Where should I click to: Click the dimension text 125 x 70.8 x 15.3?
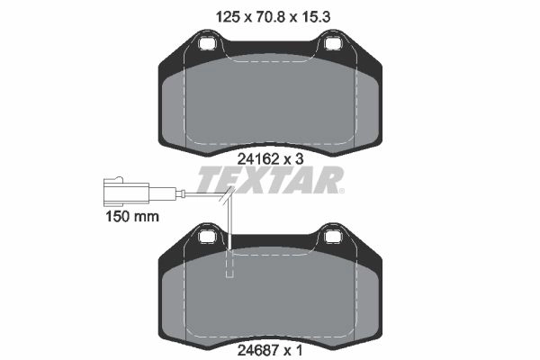tap(273, 16)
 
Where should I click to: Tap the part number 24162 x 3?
tap(270, 159)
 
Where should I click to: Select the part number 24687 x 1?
tap(270, 351)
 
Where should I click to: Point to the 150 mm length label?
tap(132, 217)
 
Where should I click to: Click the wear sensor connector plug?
tap(126, 191)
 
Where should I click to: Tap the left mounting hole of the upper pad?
tap(207, 44)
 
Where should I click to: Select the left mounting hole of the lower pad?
tap(207, 237)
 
